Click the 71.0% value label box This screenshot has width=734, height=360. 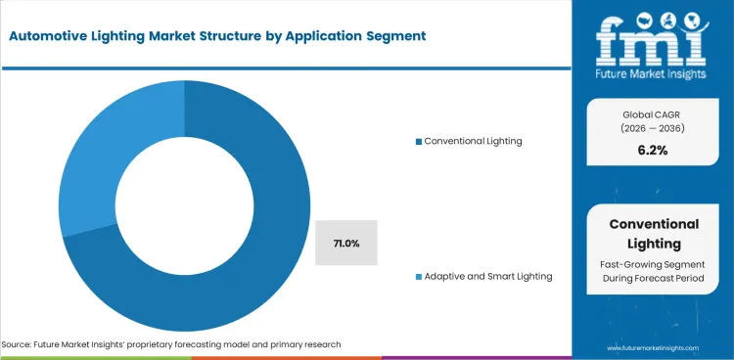(x=345, y=243)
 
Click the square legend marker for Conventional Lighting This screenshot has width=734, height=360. (x=419, y=142)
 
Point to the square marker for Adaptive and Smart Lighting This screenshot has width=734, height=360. (x=419, y=277)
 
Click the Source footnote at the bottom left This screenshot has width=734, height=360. (x=171, y=345)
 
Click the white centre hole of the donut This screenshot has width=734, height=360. (x=184, y=206)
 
